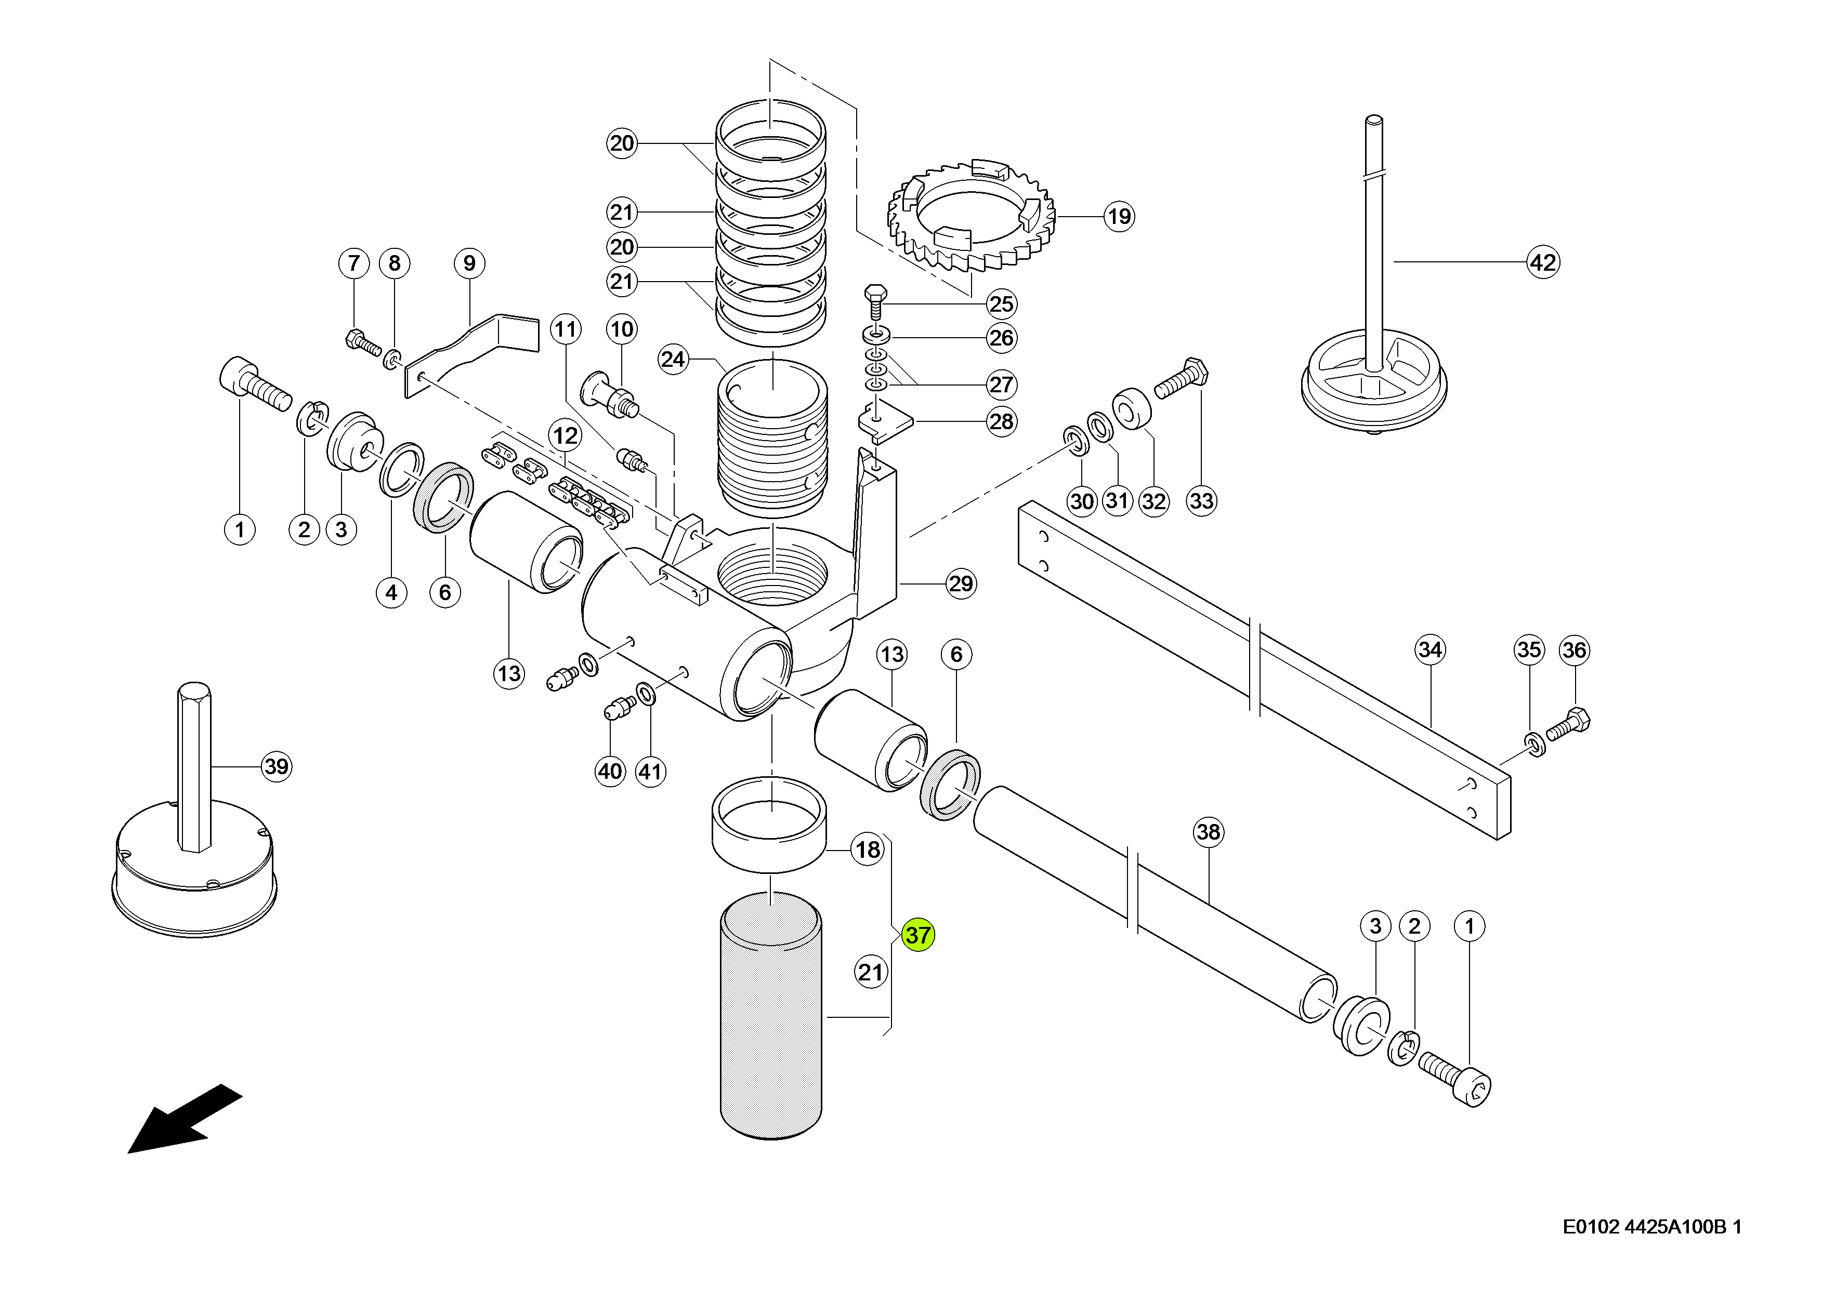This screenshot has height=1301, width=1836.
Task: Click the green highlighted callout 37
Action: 917,935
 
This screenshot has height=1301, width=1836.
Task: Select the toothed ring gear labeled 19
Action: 972,216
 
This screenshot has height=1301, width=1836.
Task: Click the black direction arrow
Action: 185,1119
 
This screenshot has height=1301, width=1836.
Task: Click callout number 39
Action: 277,767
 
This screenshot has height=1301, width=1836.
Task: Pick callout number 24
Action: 673,359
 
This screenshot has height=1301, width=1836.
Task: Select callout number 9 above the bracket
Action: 469,263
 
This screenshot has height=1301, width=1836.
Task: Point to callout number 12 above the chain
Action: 566,436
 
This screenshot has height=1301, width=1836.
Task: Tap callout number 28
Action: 1002,421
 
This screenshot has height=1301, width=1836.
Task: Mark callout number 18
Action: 868,850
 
